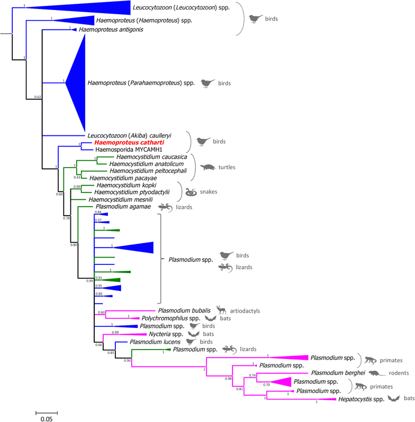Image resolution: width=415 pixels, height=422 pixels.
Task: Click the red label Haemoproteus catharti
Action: [x=121, y=142]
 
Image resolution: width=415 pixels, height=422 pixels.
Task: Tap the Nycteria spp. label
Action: [x=161, y=334]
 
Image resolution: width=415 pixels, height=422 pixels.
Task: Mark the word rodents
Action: [x=394, y=373]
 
